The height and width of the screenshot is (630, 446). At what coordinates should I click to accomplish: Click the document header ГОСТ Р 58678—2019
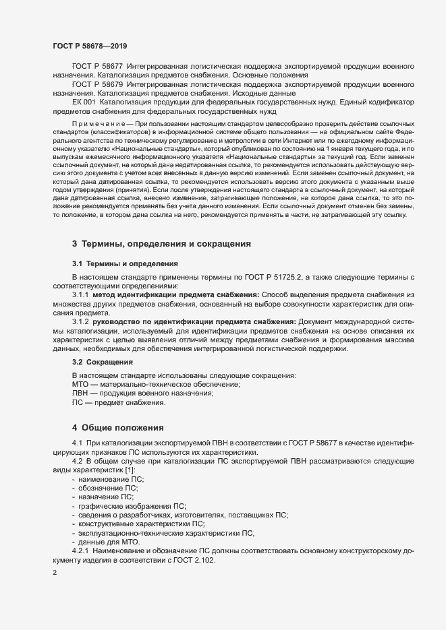click(88, 46)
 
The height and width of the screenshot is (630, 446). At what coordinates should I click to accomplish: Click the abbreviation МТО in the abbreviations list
click(81, 383)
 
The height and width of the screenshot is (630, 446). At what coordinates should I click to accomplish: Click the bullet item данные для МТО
click(110, 541)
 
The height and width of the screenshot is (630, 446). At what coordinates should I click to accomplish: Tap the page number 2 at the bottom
click(54, 574)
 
